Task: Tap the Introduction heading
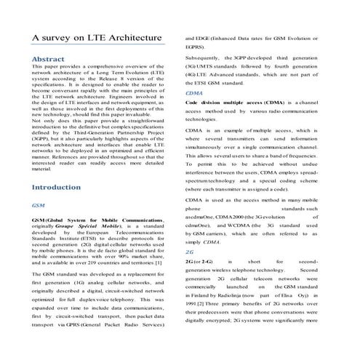point(56,187)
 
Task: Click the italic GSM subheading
point(38,206)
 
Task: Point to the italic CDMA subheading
point(194,94)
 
